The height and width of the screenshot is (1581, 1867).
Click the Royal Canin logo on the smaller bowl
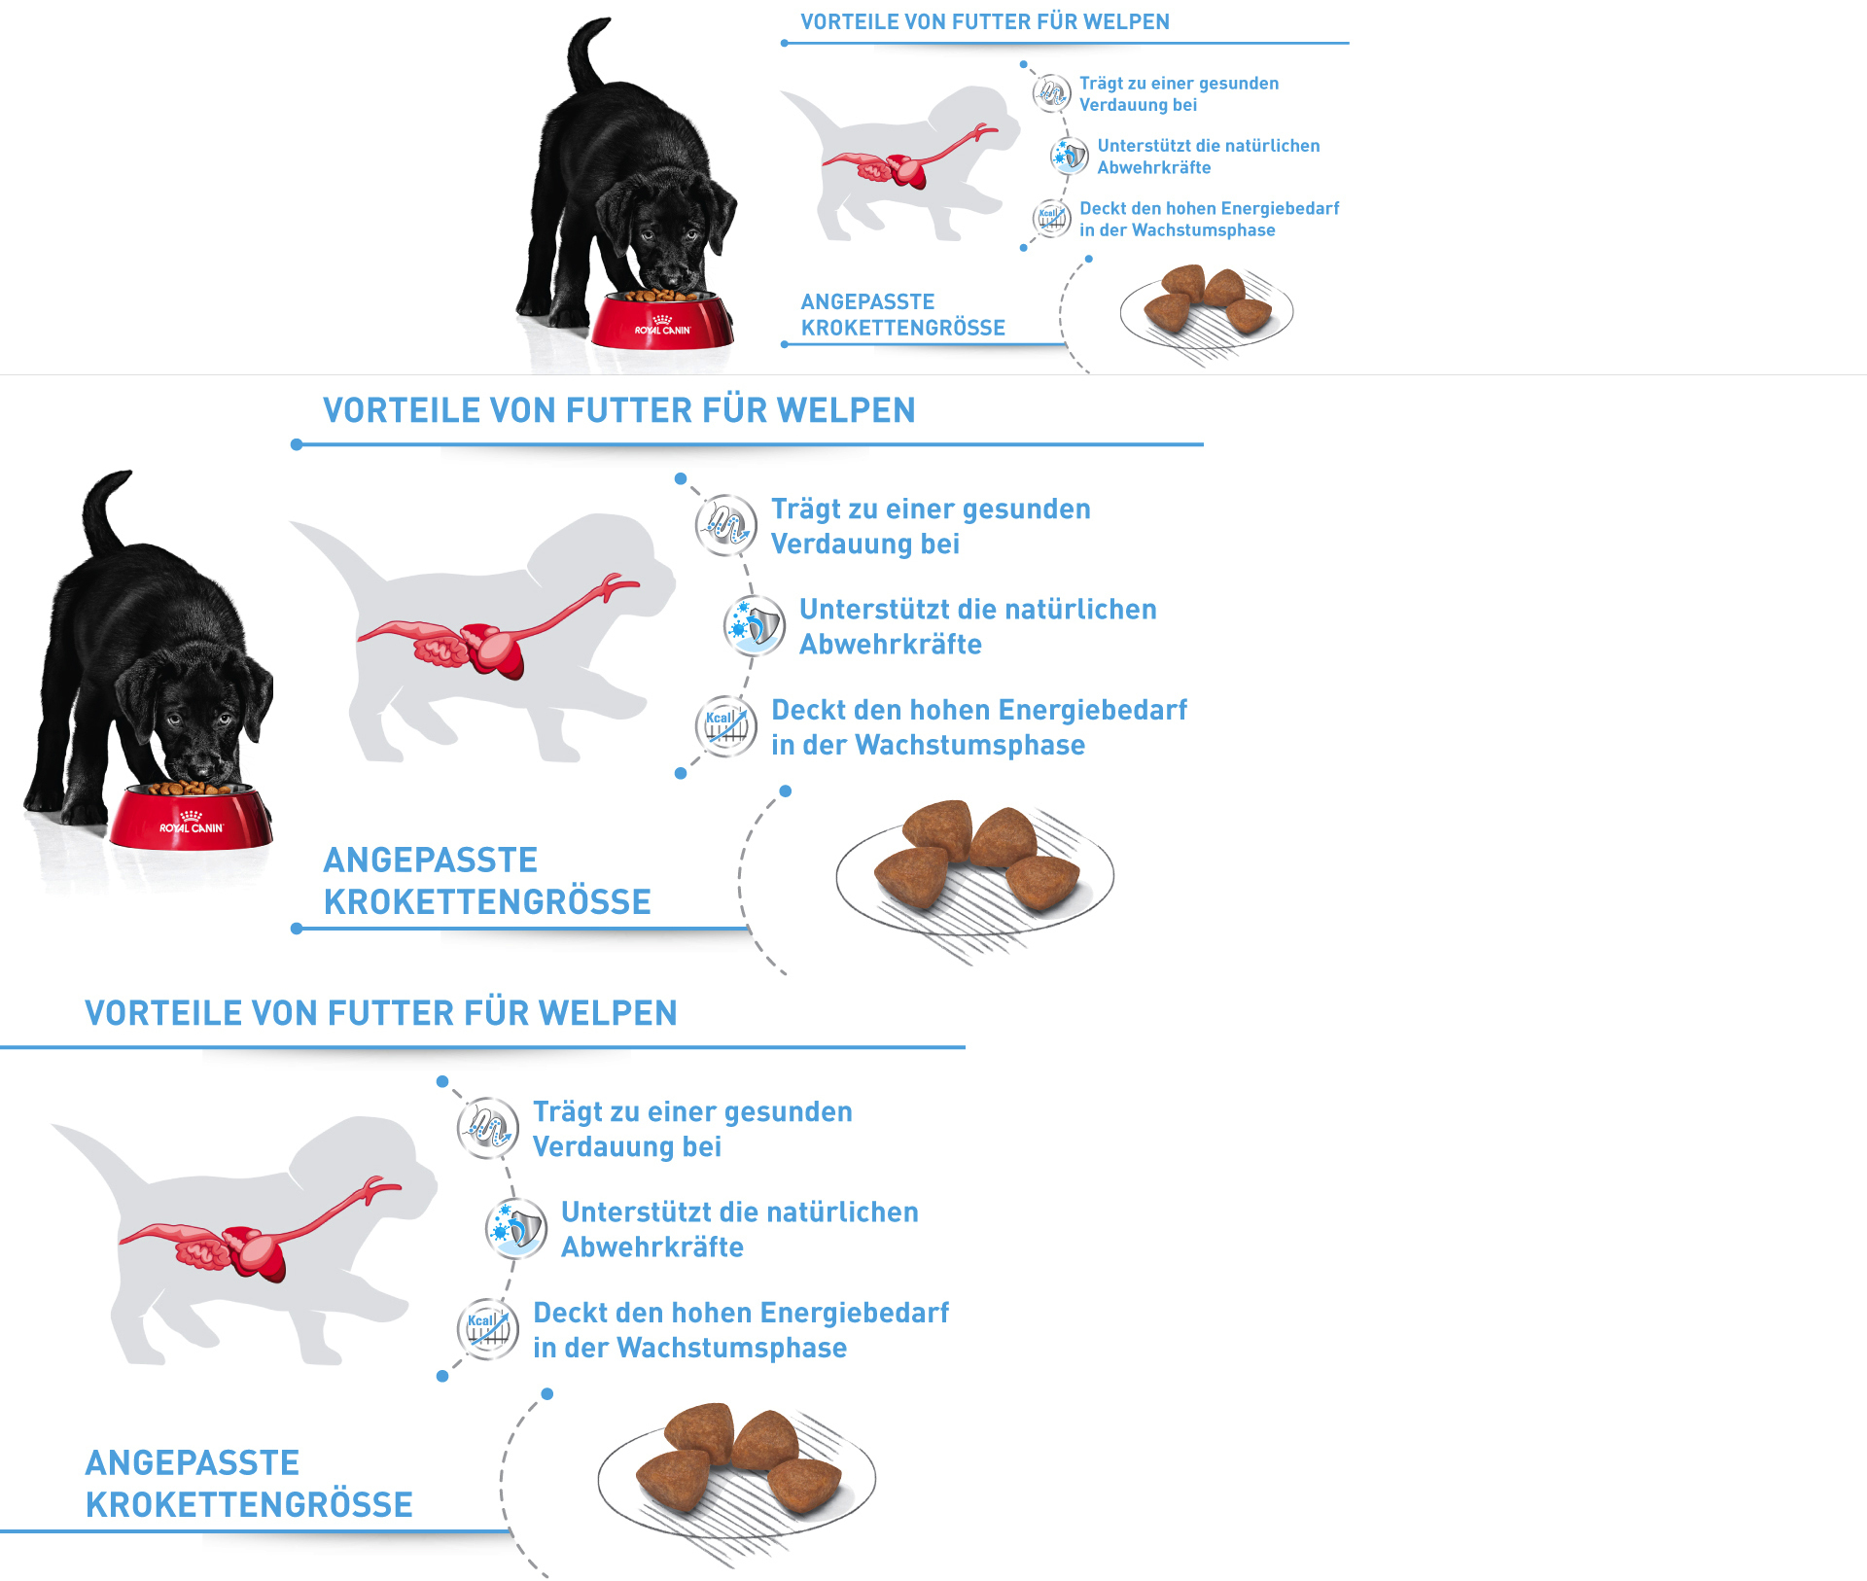pyautogui.click(x=662, y=327)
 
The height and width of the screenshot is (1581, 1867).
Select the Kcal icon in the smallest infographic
pyautogui.click(x=1051, y=218)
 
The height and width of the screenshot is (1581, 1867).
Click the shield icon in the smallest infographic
pyautogui.click(x=1070, y=156)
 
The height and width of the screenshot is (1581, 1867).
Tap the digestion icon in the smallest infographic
pyautogui.click(x=1051, y=93)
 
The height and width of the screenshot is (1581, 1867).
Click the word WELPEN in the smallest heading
pyautogui.click(x=1128, y=21)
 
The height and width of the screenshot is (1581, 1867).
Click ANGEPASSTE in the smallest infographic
pyautogui.click(x=867, y=301)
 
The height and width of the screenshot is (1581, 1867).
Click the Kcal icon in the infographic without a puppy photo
pyautogui.click(x=487, y=1327)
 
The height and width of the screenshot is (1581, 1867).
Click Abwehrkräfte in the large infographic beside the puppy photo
pyautogui.click(x=890, y=645)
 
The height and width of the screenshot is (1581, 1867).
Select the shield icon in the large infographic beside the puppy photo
pyautogui.click(x=754, y=625)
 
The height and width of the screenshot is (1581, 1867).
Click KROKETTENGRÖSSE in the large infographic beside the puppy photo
pyautogui.click(x=486, y=901)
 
